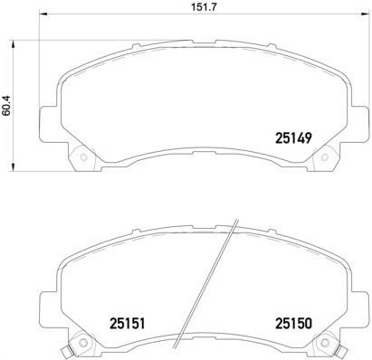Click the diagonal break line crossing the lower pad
pos(208,280)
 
